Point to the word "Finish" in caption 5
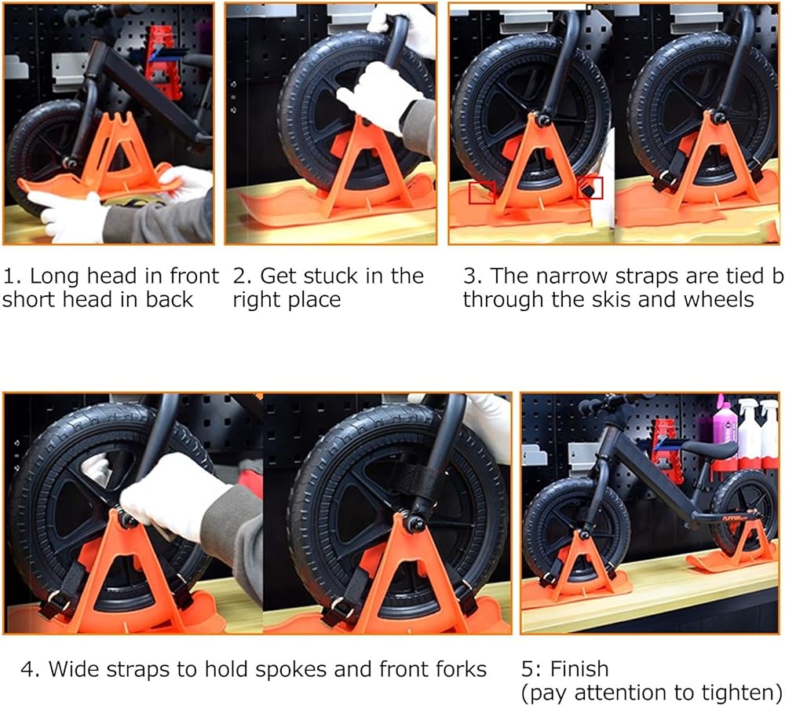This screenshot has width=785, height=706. pyautogui.click(x=579, y=669)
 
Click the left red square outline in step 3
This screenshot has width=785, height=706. pyautogui.click(x=482, y=193)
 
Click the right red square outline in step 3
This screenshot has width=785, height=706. pyautogui.click(x=590, y=188)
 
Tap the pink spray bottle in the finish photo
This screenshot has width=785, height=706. pyautogui.click(x=724, y=433)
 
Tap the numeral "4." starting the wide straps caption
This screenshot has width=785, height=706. pyautogui.click(x=30, y=669)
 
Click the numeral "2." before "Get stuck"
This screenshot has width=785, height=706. pyautogui.click(x=243, y=276)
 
